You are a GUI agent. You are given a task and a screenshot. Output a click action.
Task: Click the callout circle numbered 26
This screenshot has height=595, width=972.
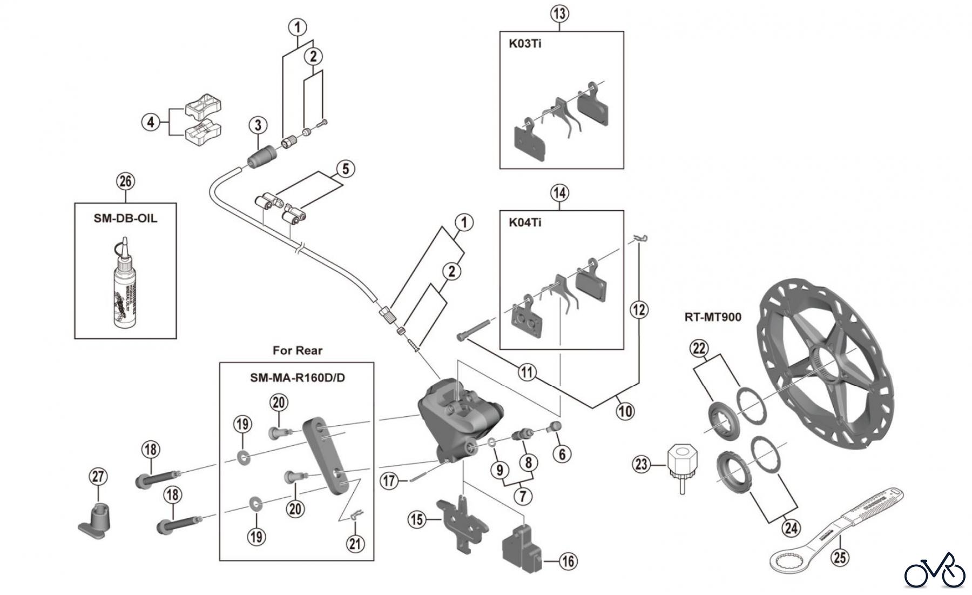pyautogui.click(x=125, y=181)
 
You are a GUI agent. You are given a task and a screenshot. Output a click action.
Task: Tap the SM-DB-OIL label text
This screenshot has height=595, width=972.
pyautogui.click(x=125, y=219)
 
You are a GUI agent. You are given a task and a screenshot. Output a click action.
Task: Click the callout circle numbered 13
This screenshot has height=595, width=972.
pyautogui.click(x=559, y=14)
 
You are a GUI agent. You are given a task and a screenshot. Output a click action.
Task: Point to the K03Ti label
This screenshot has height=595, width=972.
pyautogui.click(x=525, y=44)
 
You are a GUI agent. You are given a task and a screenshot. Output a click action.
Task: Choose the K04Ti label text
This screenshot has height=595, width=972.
pyautogui.click(x=525, y=223)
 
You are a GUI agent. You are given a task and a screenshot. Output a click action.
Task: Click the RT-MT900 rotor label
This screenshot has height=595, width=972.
pyautogui.click(x=713, y=317)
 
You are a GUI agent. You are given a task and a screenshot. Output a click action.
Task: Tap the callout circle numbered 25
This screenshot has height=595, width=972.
pyautogui.click(x=840, y=556)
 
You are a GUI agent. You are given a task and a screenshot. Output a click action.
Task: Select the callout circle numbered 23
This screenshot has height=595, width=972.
pyautogui.click(x=642, y=464)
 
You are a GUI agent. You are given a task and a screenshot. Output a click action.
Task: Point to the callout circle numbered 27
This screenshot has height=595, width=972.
pyautogui.click(x=98, y=477)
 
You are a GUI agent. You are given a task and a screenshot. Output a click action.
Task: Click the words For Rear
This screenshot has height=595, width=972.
pyautogui.click(x=298, y=350)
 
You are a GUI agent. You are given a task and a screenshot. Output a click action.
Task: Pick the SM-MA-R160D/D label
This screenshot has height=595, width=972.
pyautogui.click(x=298, y=377)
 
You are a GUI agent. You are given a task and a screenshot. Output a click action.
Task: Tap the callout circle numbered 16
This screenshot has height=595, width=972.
pyautogui.click(x=568, y=561)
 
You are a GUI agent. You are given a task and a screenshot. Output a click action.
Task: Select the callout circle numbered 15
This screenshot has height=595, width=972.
pyautogui.click(x=416, y=520)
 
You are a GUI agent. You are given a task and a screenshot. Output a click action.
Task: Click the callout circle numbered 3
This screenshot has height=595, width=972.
pyautogui.click(x=258, y=125)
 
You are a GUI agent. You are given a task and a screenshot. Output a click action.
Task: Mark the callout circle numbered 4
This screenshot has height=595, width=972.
pyautogui.click(x=151, y=122)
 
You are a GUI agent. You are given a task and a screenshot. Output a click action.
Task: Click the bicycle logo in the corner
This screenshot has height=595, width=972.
pyautogui.click(x=935, y=571)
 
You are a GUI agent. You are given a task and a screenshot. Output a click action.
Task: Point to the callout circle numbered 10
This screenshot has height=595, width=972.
pyautogui.click(x=625, y=411)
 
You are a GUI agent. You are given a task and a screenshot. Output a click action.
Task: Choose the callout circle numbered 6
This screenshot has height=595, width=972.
pyautogui.click(x=562, y=454)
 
